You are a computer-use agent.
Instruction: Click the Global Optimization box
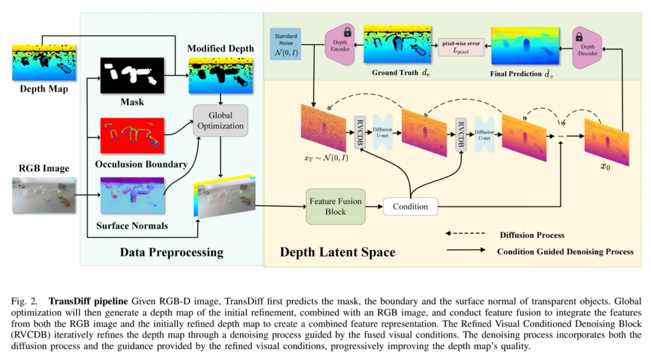pyautogui.click(x=219, y=121)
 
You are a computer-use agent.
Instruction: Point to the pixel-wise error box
pyautogui.click(x=461, y=47)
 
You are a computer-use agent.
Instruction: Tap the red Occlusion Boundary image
pyautogui.click(x=132, y=134)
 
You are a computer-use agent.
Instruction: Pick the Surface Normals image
pyautogui.click(x=132, y=196)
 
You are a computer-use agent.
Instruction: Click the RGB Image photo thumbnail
pyautogui.click(x=44, y=195)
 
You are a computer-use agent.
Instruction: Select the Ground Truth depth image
pyautogui.click(x=397, y=45)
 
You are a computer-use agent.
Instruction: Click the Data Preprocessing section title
pyautogui.click(x=172, y=253)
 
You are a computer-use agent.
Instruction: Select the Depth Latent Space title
pyautogui.click(x=338, y=253)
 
